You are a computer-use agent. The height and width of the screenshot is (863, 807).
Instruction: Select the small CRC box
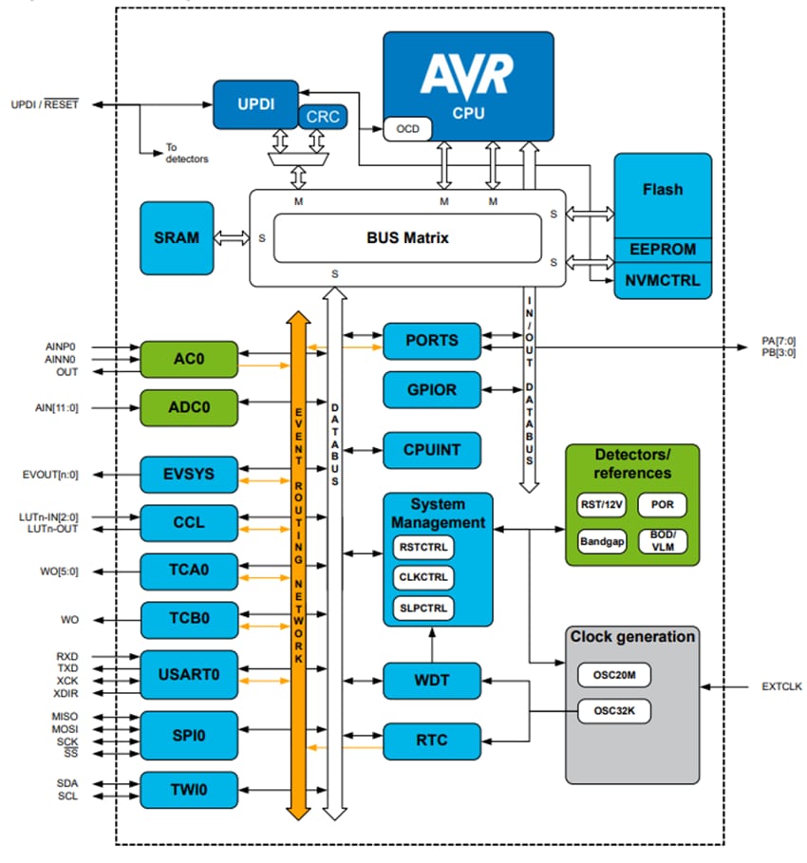pos(324,118)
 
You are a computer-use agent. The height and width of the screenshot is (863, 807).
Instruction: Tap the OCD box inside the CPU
pos(407,128)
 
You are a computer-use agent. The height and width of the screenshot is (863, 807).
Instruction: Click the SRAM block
pos(176,237)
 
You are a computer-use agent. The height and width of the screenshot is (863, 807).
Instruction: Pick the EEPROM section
pos(662,250)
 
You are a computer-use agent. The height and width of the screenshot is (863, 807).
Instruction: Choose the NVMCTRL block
pos(662,281)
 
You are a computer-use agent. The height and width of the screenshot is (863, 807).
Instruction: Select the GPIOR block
pos(432,389)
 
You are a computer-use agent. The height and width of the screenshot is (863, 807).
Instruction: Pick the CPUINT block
pos(432,449)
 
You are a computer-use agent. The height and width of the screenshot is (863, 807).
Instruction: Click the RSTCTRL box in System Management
pos(422,548)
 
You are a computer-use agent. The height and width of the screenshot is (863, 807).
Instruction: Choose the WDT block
pos(432,681)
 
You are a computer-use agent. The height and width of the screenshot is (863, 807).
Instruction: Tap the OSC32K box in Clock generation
pos(613,710)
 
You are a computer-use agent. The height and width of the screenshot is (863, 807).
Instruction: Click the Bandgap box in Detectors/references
pos(602,541)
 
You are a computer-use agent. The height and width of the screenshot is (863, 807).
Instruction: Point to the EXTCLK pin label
pos(780,685)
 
